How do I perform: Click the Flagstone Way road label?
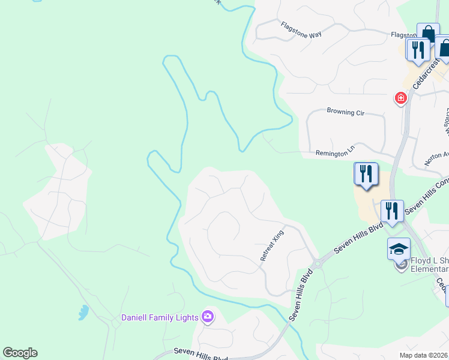[301, 29]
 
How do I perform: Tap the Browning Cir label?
[346, 111]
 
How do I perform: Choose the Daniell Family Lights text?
[160, 317]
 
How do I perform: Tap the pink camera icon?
[208, 316]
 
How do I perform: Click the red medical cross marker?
[400, 98]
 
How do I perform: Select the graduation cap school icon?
[399, 249]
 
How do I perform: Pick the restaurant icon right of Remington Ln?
[366, 174]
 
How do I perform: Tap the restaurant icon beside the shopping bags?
[418, 49]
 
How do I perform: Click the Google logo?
[20, 353]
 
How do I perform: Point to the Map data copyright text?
[423, 355]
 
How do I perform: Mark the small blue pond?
[83, 312]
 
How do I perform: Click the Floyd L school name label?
[429, 265]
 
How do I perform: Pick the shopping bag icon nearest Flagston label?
[428, 34]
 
